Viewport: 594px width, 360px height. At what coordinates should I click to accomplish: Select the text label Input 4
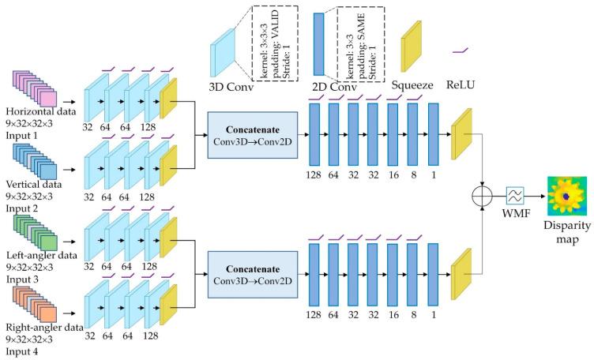coord(21,354)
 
